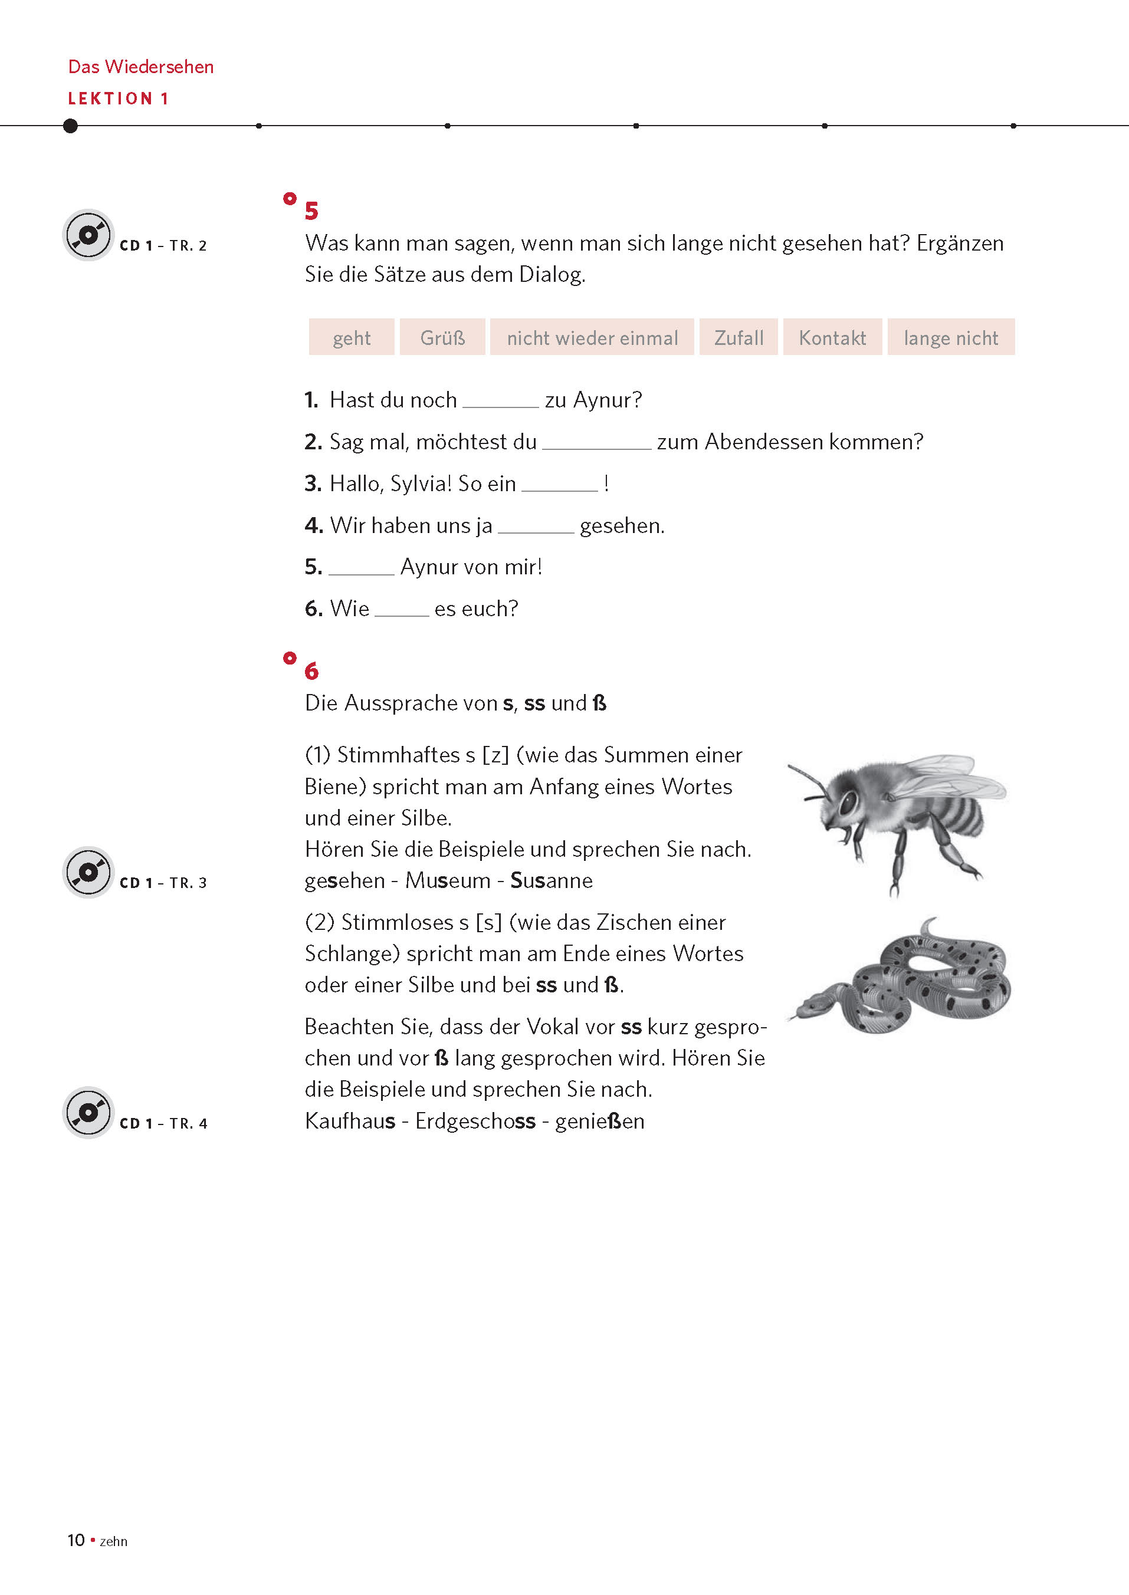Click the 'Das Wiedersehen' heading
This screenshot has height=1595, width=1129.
tap(140, 67)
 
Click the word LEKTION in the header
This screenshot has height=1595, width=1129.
tap(110, 98)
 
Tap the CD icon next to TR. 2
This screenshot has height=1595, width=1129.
tap(88, 235)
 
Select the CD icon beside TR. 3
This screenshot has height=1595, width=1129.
tap(88, 872)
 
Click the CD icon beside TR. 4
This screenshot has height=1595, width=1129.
tap(88, 1112)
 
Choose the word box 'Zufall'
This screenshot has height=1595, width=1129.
tap(739, 338)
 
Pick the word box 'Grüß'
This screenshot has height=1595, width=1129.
tap(442, 338)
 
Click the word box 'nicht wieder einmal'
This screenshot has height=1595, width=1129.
tap(592, 338)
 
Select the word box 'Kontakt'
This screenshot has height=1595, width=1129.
tap(832, 338)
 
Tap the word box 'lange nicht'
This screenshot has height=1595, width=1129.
tap(950, 338)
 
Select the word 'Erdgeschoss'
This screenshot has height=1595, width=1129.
tap(475, 1121)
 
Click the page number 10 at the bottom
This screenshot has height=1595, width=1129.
tap(76, 1540)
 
